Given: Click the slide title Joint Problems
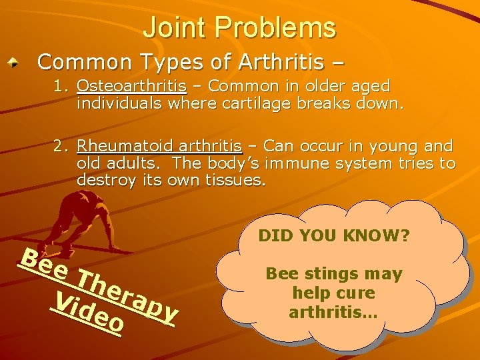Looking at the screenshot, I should [x=239, y=28].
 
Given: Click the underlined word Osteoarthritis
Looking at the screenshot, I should [x=131, y=86].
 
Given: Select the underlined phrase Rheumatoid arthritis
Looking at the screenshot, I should [x=159, y=146].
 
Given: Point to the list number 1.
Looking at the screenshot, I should [x=63, y=86].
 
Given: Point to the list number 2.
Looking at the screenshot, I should [x=63, y=146].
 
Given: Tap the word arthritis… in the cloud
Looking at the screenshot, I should [x=333, y=311].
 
